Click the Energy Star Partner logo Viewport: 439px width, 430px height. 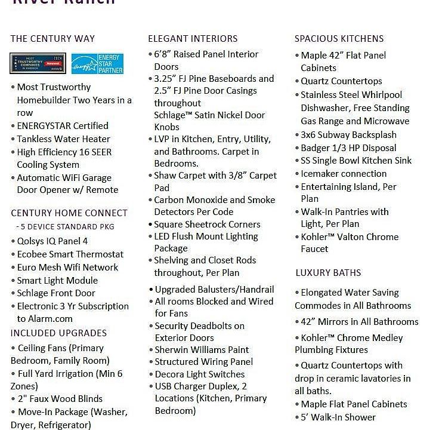(x=97, y=64)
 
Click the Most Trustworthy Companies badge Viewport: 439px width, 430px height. (x=38, y=64)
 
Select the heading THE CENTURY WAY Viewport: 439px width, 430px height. (x=52, y=39)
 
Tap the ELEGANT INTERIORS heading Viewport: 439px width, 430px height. (x=193, y=39)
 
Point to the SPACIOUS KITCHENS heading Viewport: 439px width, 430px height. (x=339, y=39)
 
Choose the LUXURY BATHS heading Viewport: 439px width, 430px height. (x=328, y=273)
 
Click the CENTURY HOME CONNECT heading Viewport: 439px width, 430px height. (x=69, y=213)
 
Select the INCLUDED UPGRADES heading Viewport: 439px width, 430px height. (x=58, y=333)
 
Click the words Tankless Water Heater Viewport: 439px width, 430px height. (x=63, y=139)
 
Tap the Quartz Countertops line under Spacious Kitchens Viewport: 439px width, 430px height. (x=341, y=81)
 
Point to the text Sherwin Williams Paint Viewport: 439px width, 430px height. (x=202, y=350)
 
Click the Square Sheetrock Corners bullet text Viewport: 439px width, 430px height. (x=207, y=225)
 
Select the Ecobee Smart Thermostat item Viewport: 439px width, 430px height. (x=70, y=254)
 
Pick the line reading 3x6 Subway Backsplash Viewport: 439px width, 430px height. (x=348, y=135)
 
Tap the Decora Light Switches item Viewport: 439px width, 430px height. (x=199, y=374)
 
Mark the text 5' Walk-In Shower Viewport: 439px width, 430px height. (x=338, y=417)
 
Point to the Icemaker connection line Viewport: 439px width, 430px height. (x=344, y=174)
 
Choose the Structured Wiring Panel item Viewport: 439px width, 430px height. (x=203, y=362)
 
